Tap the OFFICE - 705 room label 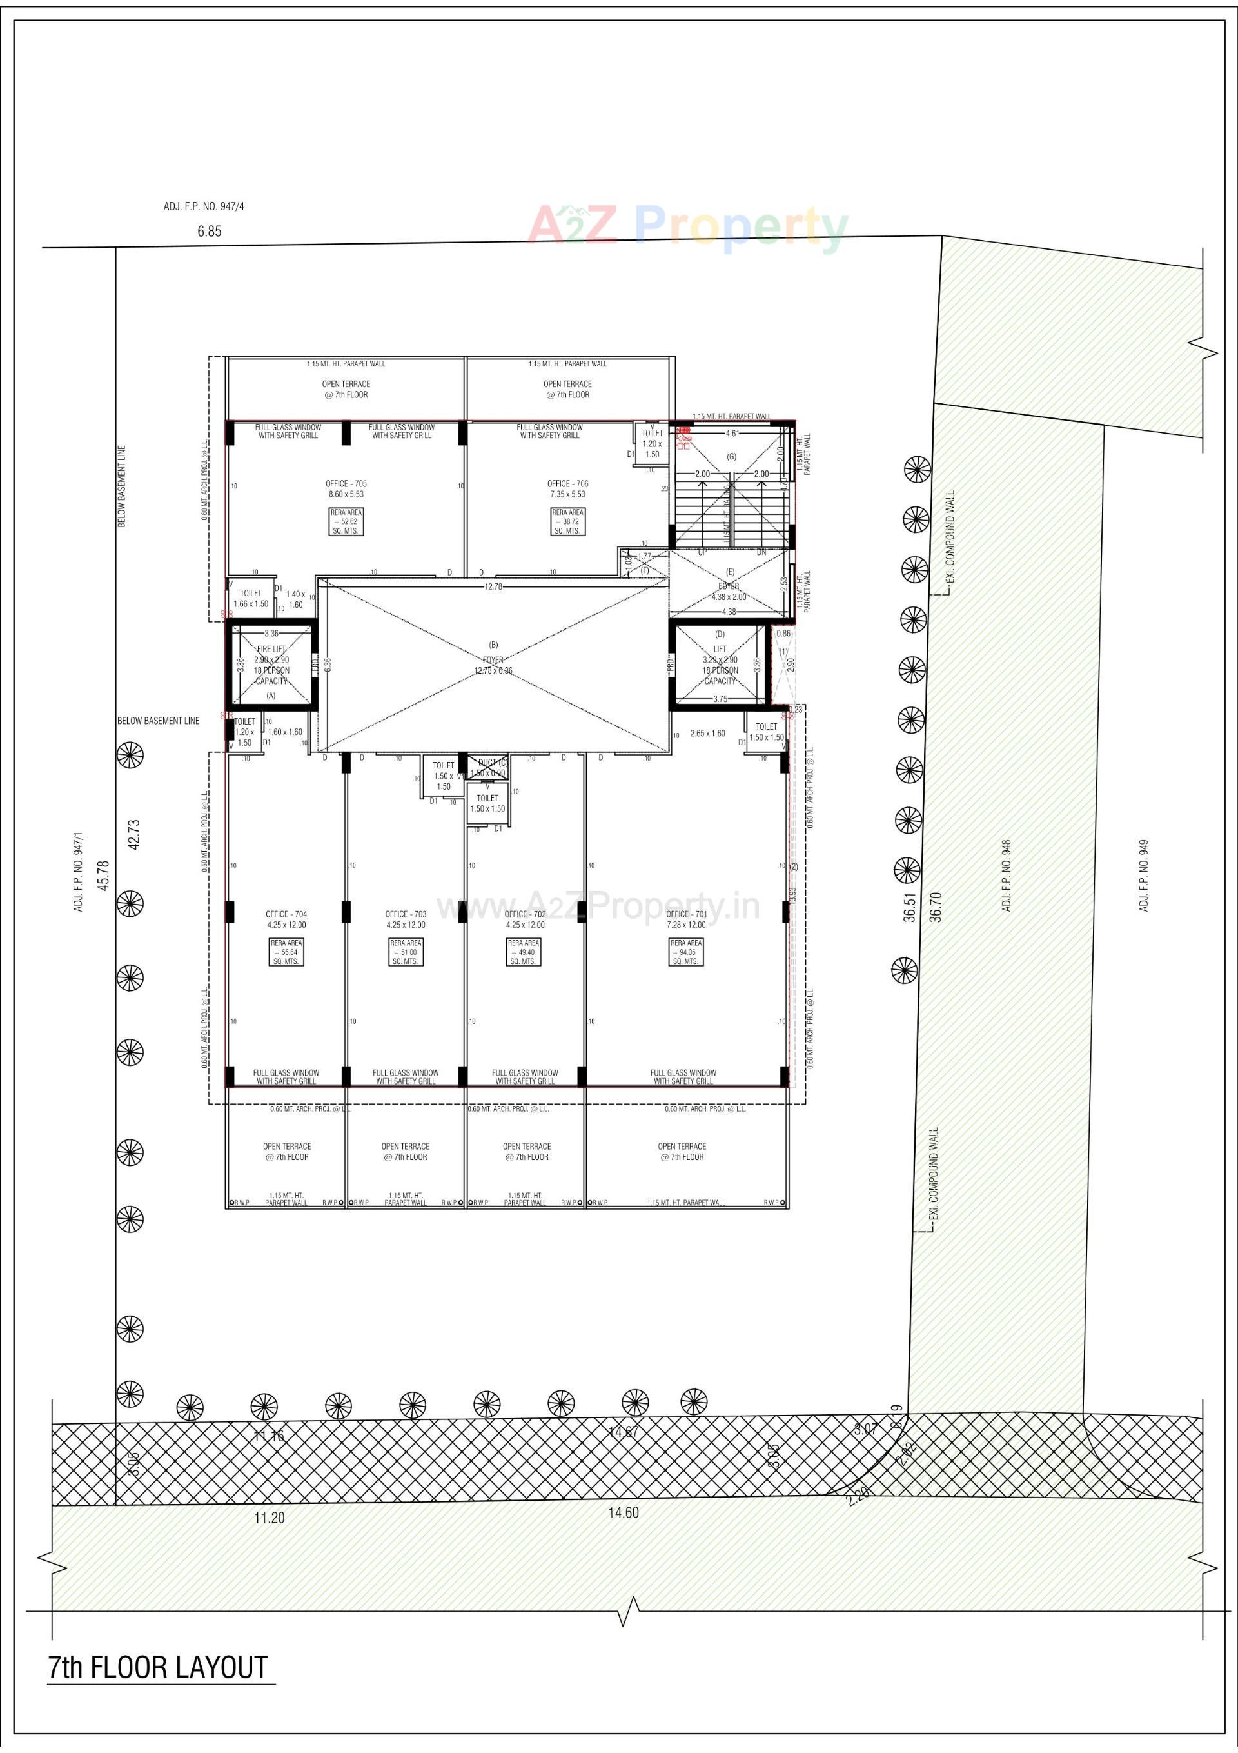point(346,484)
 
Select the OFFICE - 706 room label point(567,484)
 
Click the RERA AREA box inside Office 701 point(685,952)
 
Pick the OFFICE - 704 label point(286,914)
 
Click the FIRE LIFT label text point(271,649)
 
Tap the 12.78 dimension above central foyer point(493,586)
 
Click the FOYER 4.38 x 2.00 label point(728,592)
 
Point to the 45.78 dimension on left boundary point(104,874)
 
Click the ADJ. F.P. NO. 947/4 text point(204,207)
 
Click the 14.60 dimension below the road point(623,1512)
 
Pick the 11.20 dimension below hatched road point(269,1518)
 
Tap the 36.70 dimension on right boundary point(936,907)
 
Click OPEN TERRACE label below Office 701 point(682,1152)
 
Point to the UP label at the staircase point(702,552)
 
